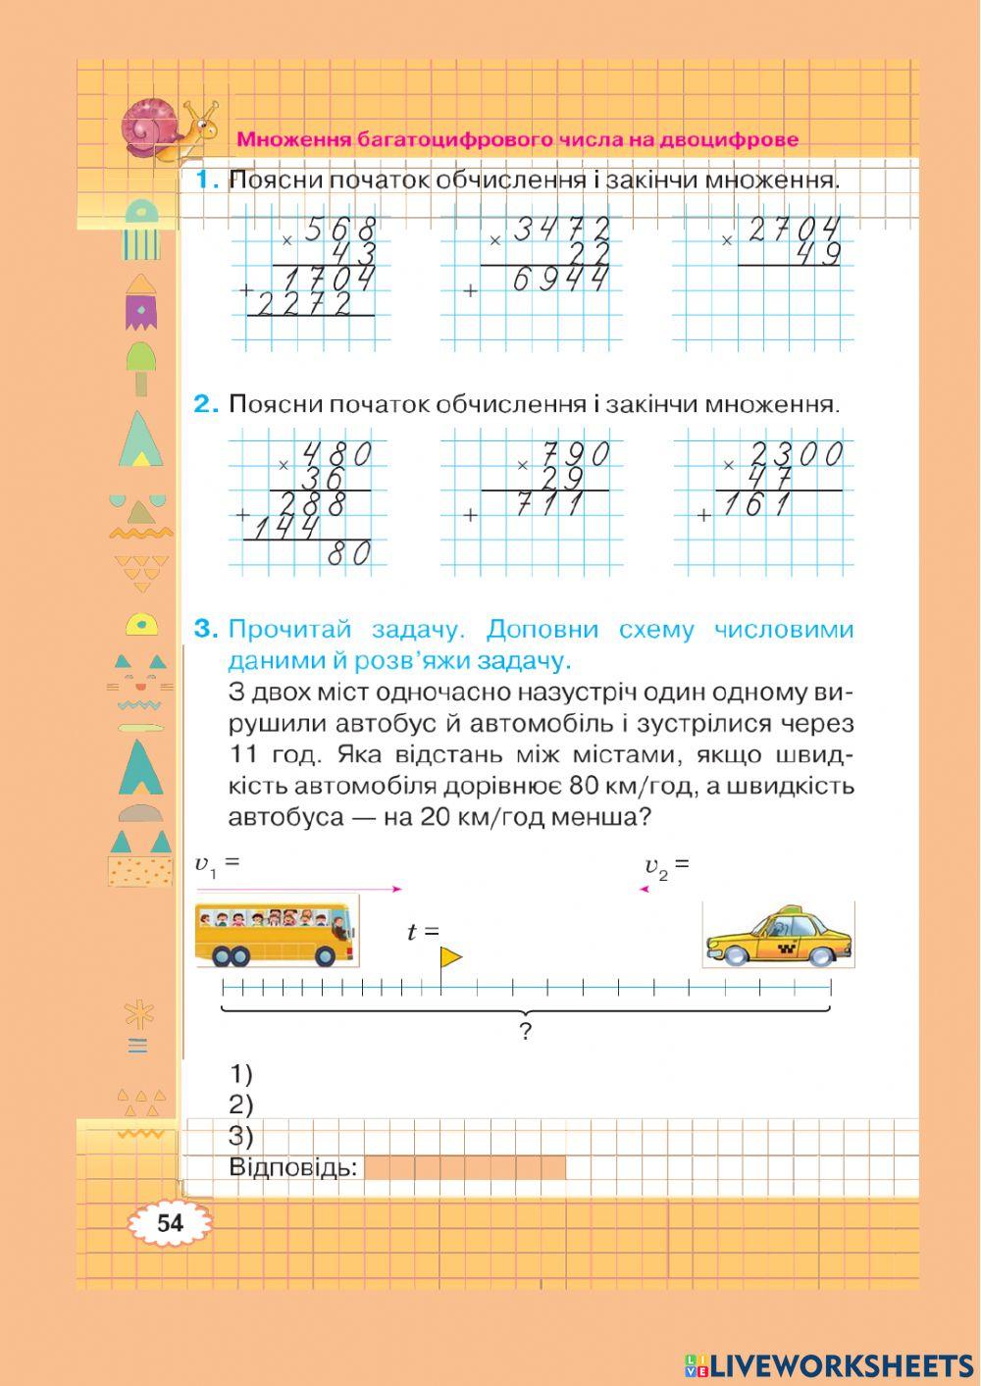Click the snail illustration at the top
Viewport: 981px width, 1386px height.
pyautogui.click(x=167, y=128)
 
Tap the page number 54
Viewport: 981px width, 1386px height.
pyautogui.click(x=170, y=1223)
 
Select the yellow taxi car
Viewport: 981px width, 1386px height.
pyautogui.click(x=778, y=937)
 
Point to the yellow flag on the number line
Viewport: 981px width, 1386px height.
pyautogui.click(x=449, y=957)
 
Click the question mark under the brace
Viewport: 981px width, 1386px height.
pyautogui.click(x=526, y=1031)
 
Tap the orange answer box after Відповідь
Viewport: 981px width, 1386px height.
pyautogui.click(x=464, y=1167)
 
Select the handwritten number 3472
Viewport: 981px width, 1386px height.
pyautogui.click(x=561, y=231)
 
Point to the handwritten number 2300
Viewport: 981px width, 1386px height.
pyautogui.click(x=796, y=454)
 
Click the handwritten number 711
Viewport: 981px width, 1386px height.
pyautogui.click(x=549, y=504)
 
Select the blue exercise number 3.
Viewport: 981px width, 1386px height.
pyautogui.click(x=204, y=629)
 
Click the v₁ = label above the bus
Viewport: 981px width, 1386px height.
pyautogui.click(x=217, y=864)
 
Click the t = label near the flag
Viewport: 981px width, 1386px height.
pyautogui.click(x=423, y=932)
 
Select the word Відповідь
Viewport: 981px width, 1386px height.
pyautogui.click(x=292, y=1167)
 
